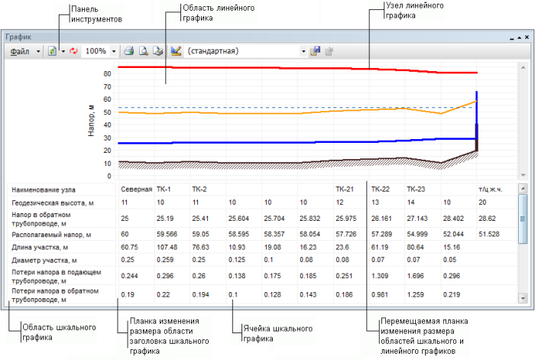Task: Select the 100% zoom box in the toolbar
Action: click(96, 51)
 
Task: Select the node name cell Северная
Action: click(135, 189)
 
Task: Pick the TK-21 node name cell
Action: click(345, 189)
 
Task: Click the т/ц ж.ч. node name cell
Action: click(489, 189)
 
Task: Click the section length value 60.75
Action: click(130, 248)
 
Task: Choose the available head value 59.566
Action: click(167, 234)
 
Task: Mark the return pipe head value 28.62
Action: click(487, 218)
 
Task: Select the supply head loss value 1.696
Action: click(417, 276)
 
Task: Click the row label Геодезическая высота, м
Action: click(53, 203)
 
